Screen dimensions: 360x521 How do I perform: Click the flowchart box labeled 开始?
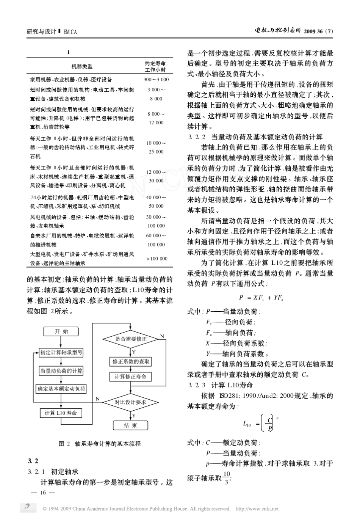(61, 331)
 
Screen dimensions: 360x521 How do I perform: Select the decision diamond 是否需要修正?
(131, 339)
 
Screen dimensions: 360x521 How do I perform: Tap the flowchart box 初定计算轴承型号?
(61, 353)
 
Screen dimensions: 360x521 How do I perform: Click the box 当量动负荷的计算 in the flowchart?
(61, 371)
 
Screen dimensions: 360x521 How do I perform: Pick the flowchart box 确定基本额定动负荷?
(61, 389)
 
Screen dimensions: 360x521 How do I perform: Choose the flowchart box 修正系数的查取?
(131, 362)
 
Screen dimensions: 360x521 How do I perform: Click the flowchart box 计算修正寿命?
(131, 377)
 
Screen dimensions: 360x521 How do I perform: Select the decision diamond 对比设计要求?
(131, 402)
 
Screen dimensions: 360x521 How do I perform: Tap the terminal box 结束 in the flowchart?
(131, 425)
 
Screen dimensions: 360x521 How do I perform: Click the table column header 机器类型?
(82, 67)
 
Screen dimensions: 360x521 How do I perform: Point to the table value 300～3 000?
(156, 80)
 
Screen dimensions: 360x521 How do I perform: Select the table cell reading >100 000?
(157, 259)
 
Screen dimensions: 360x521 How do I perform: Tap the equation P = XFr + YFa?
(261, 298)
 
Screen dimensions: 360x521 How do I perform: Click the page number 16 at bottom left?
(42, 493)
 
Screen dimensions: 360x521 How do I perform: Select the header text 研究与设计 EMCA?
(52, 32)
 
